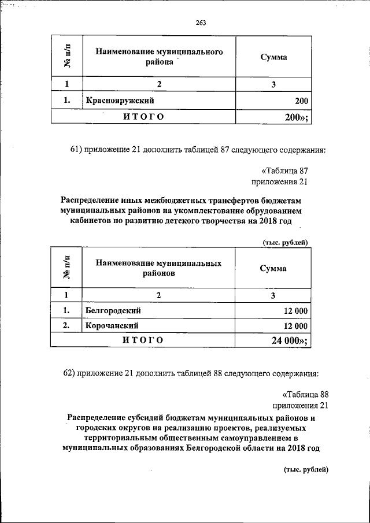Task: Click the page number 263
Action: [201, 23]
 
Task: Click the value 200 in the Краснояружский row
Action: [301, 102]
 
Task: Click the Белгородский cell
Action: [113, 311]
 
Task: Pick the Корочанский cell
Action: [112, 326]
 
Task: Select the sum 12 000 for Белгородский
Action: [295, 311]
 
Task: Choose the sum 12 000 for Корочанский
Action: [295, 326]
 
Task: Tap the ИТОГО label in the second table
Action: [143, 340]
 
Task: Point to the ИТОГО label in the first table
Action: [143, 117]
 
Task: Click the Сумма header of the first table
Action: [273, 58]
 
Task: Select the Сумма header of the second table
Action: [273, 268]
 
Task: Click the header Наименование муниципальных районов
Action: [159, 268]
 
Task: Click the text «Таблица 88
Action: [301, 394]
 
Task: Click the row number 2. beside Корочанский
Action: [66, 326]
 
